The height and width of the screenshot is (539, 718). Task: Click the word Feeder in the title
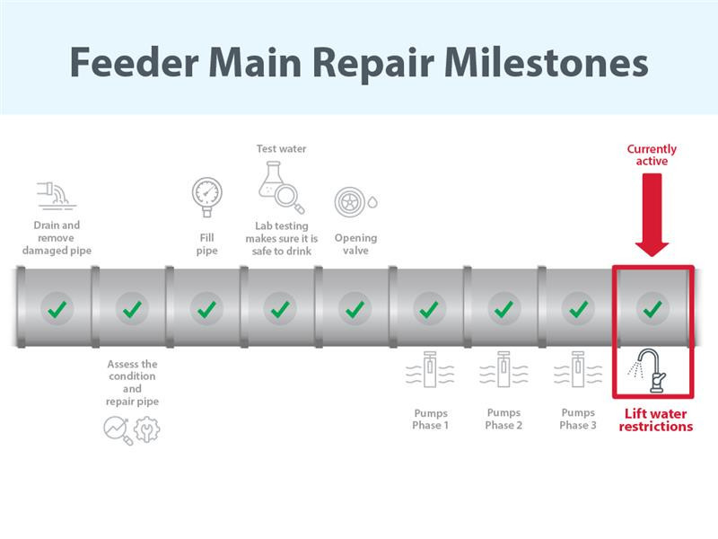point(134,62)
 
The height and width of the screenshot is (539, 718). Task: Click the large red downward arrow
point(652,215)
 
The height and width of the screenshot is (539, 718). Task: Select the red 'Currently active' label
point(652,155)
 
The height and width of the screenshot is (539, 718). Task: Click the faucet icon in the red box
point(648,371)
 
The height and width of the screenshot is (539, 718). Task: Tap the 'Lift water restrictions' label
point(655,420)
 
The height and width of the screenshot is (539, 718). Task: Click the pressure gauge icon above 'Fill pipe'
point(207,197)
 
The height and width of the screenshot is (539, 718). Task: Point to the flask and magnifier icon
point(281,187)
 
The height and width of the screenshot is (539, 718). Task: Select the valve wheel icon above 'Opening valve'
point(355,201)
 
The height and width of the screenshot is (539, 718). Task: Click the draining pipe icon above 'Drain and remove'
point(57,196)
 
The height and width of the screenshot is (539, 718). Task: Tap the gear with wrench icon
point(147,429)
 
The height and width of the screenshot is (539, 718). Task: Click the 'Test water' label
point(281,148)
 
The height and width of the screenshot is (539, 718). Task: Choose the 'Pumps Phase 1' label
point(431,419)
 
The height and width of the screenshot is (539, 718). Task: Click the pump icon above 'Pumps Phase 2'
point(503,369)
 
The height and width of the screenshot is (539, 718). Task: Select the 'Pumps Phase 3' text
point(578,419)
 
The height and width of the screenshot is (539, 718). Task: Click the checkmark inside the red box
point(652,309)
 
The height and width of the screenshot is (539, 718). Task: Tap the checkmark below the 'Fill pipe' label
point(206,309)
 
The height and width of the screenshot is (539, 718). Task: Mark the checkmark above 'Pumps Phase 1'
point(429,309)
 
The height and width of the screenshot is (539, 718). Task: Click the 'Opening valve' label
point(355,243)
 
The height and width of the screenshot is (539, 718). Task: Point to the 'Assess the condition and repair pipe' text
point(132,383)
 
